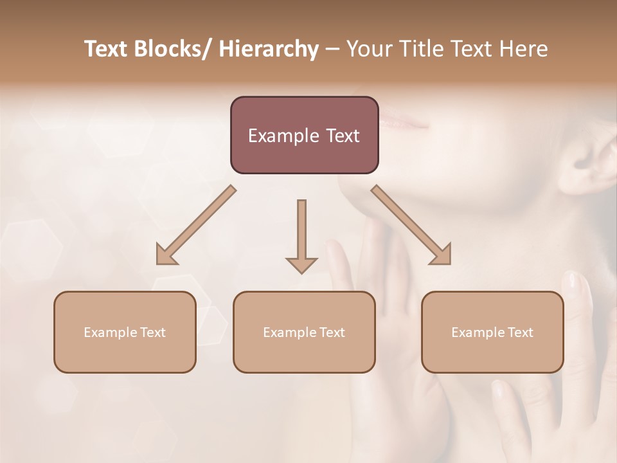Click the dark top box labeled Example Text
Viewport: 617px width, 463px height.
pos(304,135)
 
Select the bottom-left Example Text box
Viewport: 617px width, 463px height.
pos(125,332)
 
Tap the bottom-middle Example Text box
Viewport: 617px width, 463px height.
pos(304,332)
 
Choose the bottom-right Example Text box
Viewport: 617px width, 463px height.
pos(492,332)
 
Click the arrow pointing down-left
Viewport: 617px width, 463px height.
pos(193,227)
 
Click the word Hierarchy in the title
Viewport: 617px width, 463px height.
pos(269,49)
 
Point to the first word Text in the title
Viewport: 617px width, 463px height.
pos(105,49)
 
